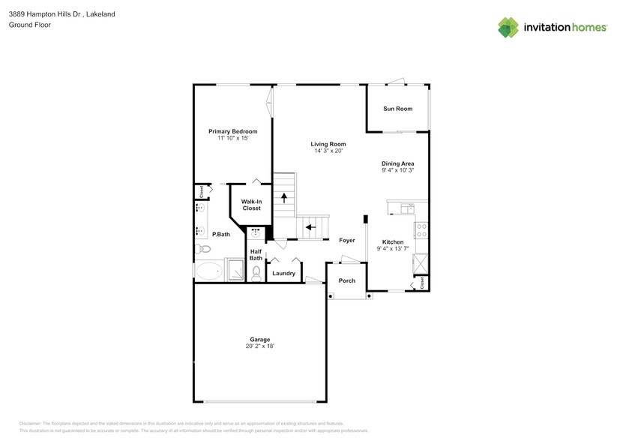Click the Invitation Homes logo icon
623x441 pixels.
508,27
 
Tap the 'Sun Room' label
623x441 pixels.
397,109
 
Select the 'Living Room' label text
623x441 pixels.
328,144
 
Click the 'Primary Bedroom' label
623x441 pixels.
232,131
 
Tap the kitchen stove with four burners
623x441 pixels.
421,229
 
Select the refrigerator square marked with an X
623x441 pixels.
421,264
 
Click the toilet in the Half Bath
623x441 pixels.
256,273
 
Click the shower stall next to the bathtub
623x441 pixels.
236,270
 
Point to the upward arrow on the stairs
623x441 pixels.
285,198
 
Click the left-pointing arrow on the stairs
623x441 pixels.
310,226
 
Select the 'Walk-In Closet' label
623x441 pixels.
251,205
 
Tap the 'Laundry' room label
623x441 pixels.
283,273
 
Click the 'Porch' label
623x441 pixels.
347,280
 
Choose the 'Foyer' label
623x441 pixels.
346,241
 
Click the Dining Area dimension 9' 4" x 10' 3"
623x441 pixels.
397,170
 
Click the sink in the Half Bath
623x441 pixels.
256,232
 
